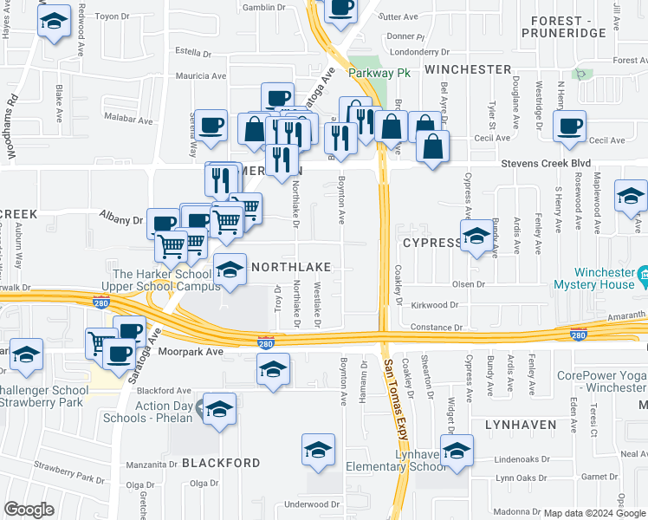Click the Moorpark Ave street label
pyautogui.click(x=191, y=352)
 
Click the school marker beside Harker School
pyautogui.click(x=230, y=270)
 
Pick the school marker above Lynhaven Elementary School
pyautogui.click(x=457, y=450)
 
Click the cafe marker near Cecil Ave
pyautogui.click(x=569, y=127)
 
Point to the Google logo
pyautogui.click(x=29, y=509)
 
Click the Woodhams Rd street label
pyautogui.click(x=12, y=127)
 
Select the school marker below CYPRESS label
pyautogui.click(x=476, y=237)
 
